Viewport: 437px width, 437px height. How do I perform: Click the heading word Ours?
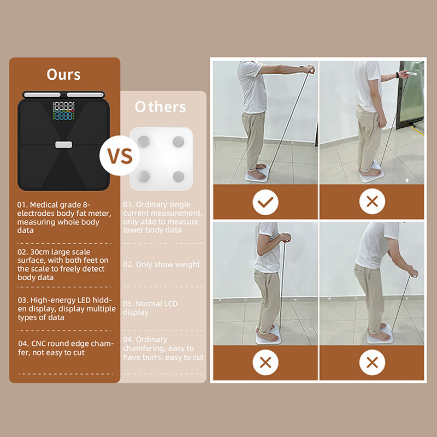pyautogui.click(x=64, y=74)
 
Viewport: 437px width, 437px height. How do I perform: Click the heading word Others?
pyautogui.click(x=161, y=107)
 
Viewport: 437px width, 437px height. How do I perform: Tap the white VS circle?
pyautogui.click(x=119, y=156)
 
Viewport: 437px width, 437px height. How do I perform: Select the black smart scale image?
pyautogui.click(x=64, y=143)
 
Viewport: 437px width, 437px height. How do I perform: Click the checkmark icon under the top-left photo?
pyautogui.click(x=265, y=203)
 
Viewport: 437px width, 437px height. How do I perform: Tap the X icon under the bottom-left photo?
pyautogui.click(x=265, y=363)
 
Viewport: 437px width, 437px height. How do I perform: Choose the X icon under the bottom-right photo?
pyautogui.click(x=372, y=363)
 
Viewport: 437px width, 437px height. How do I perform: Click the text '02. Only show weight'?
pyautogui.click(x=162, y=264)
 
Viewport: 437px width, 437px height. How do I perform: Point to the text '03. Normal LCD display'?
pyautogui.click(x=150, y=308)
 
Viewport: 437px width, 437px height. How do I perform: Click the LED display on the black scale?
pyautogui.click(x=63, y=111)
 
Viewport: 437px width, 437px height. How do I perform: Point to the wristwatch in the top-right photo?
pyautogui.click(x=396, y=75)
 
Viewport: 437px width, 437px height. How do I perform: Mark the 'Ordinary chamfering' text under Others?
pyautogui.click(x=163, y=349)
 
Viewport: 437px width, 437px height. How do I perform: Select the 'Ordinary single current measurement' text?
pyautogui.click(x=163, y=217)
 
